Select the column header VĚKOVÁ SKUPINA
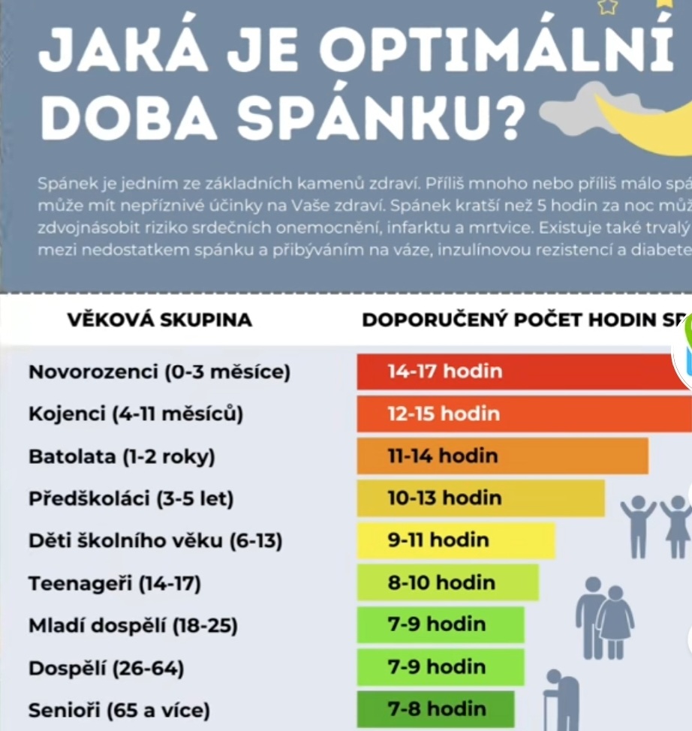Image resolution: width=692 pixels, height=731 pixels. click(160, 320)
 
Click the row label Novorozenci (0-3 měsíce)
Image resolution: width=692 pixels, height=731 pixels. click(159, 372)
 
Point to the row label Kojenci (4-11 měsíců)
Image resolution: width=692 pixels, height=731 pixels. click(136, 414)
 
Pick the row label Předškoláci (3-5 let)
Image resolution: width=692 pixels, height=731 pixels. click(131, 498)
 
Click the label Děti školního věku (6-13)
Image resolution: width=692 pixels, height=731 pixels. click(155, 540)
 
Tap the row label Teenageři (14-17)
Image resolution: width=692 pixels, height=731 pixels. click(115, 583)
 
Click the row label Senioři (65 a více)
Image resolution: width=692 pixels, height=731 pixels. click(119, 709)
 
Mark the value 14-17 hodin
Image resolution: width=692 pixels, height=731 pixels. click(445, 371)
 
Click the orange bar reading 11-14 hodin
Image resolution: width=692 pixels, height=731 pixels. click(502, 456)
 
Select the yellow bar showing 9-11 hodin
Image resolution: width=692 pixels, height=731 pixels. click(456, 540)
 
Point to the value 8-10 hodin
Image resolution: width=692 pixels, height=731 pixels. click(441, 582)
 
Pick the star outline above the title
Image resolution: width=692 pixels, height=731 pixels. click(606, 8)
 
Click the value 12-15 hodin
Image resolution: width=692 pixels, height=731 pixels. click(444, 414)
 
